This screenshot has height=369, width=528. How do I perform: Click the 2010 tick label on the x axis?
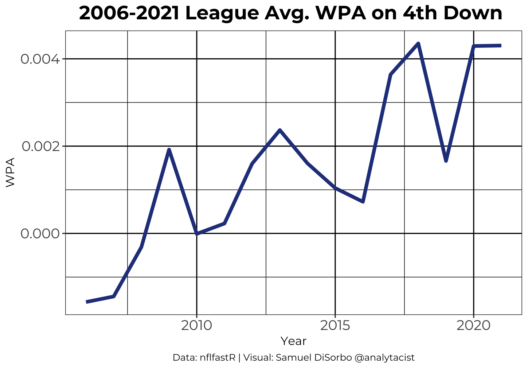(196, 325)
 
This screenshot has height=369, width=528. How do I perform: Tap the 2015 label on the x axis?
(335, 325)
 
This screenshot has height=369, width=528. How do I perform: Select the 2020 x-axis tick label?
(473, 325)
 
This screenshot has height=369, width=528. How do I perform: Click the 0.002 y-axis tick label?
(40, 146)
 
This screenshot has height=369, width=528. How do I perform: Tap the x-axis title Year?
(293, 341)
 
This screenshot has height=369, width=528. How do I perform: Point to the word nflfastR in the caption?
(218, 358)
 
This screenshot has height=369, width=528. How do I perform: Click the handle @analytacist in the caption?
(384, 358)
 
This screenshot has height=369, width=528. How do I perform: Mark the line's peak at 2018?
(418, 44)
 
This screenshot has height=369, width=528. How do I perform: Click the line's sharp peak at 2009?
(169, 149)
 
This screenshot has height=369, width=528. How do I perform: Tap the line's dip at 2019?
(446, 161)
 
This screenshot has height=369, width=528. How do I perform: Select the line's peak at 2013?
(279, 130)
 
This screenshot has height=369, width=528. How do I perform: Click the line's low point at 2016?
(363, 202)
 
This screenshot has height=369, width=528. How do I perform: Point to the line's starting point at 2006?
(87, 302)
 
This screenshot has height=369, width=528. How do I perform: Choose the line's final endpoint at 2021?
(501, 46)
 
